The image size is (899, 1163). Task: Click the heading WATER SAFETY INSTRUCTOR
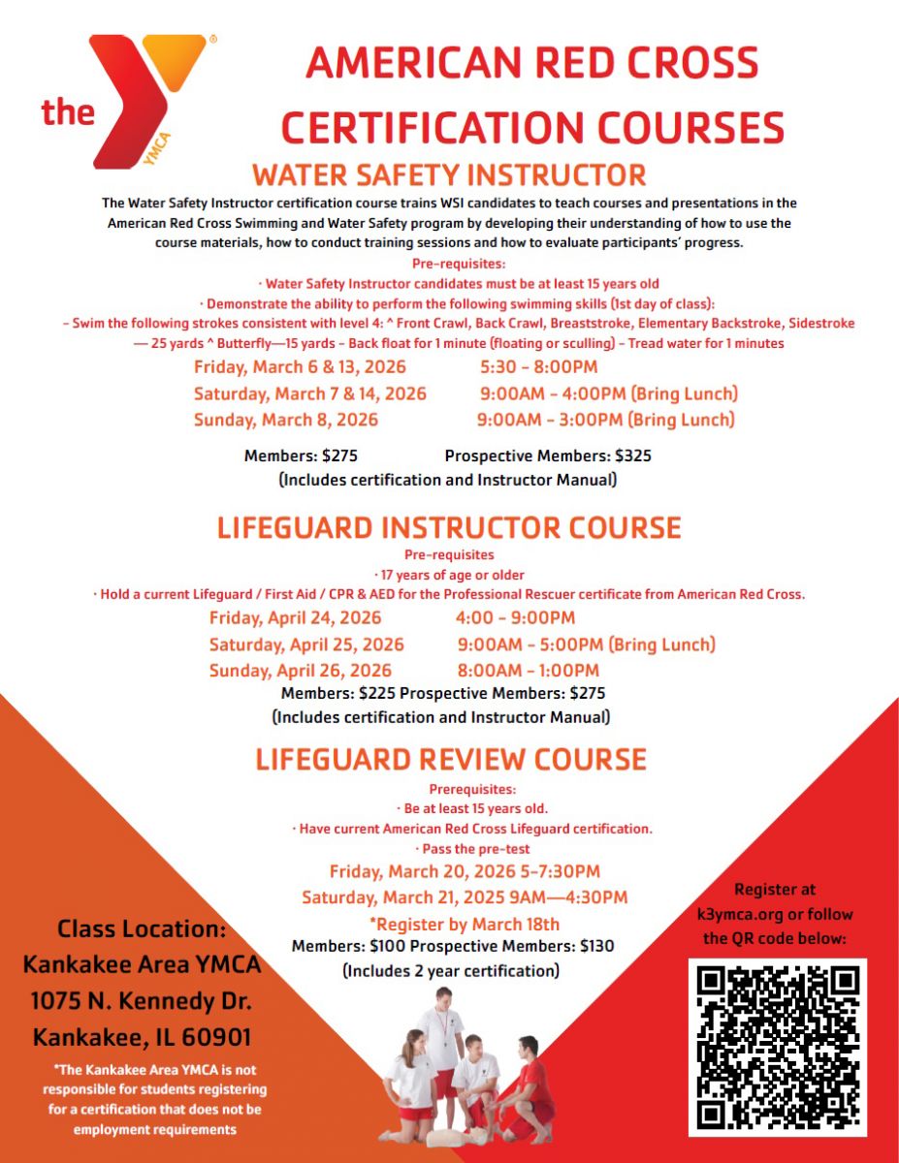pos(449,175)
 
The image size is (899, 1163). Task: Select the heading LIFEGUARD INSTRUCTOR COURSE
pos(449,528)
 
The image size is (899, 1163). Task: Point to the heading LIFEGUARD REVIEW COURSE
pos(451,759)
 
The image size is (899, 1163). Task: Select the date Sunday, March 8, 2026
pos(286,421)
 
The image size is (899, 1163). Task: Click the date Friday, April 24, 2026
pos(296,618)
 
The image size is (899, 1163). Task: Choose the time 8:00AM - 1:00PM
pos(529,671)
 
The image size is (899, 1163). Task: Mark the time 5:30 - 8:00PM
pos(538,367)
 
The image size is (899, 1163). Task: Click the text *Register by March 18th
pos(465,924)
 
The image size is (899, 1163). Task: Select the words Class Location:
pos(142,928)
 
